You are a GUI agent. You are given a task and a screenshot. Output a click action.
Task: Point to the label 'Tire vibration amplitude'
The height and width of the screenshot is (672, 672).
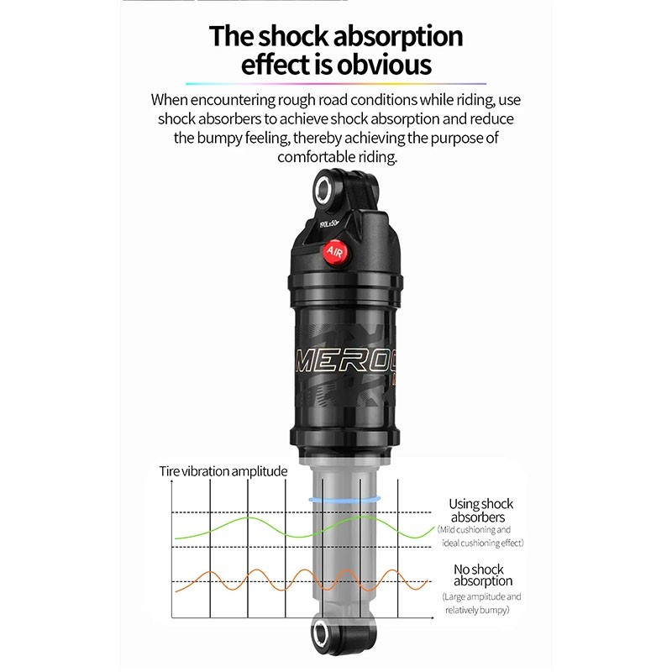[223, 470]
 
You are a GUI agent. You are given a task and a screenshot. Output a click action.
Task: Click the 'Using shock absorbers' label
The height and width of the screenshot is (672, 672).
[481, 511]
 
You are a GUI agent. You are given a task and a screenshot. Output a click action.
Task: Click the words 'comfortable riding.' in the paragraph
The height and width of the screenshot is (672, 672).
[336, 157]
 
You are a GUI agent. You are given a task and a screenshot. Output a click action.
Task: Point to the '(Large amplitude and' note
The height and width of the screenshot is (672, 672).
[482, 596]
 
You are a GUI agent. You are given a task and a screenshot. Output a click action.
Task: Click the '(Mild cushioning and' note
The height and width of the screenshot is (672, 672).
[475, 530]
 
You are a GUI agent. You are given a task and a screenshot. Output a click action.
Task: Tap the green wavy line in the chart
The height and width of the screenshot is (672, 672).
[252, 520]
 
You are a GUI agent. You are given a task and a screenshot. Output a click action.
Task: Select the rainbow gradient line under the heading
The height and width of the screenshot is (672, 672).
[336, 84]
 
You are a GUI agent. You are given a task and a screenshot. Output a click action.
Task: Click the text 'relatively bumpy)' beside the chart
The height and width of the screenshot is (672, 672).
[477, 610]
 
